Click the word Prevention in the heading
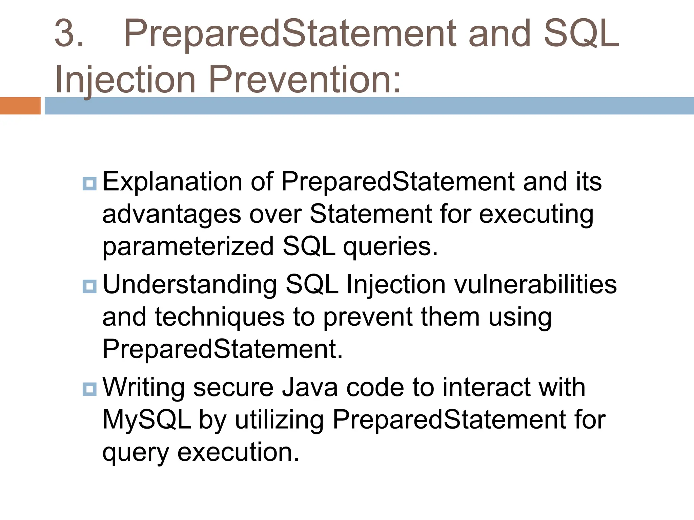pos(305,80)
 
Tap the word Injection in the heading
pos(125,80)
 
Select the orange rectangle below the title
pos(20,106)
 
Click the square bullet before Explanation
pos(90,184)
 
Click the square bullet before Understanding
pos(90,287)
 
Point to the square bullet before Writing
pos(90,389)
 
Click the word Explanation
pos(172,182)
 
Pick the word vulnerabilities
pos(535,284)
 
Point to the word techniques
pos(220,317)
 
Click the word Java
pos(310,387)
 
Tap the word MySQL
pos(146,420)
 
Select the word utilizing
pos(279,420)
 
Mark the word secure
pos(233,387)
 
